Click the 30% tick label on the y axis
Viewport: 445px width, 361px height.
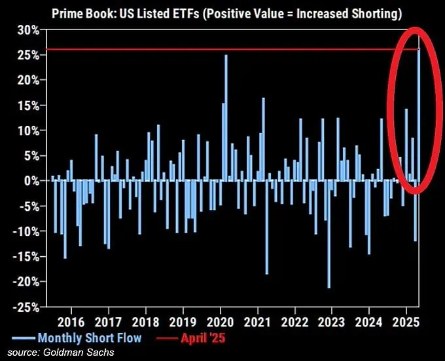pyautogui.click(x=27, y=29)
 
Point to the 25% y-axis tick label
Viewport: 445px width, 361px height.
pyautogui.click(x=27, y=54)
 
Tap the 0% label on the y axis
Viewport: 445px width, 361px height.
pyautogui.click(x=31, y=180)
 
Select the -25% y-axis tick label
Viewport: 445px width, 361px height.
pyautogui.click(x=25, y=306)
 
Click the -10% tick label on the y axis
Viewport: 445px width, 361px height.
pyautogui.click(x=25, y=231)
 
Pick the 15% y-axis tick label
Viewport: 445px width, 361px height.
pyautogui.click(x=27, y=105)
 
